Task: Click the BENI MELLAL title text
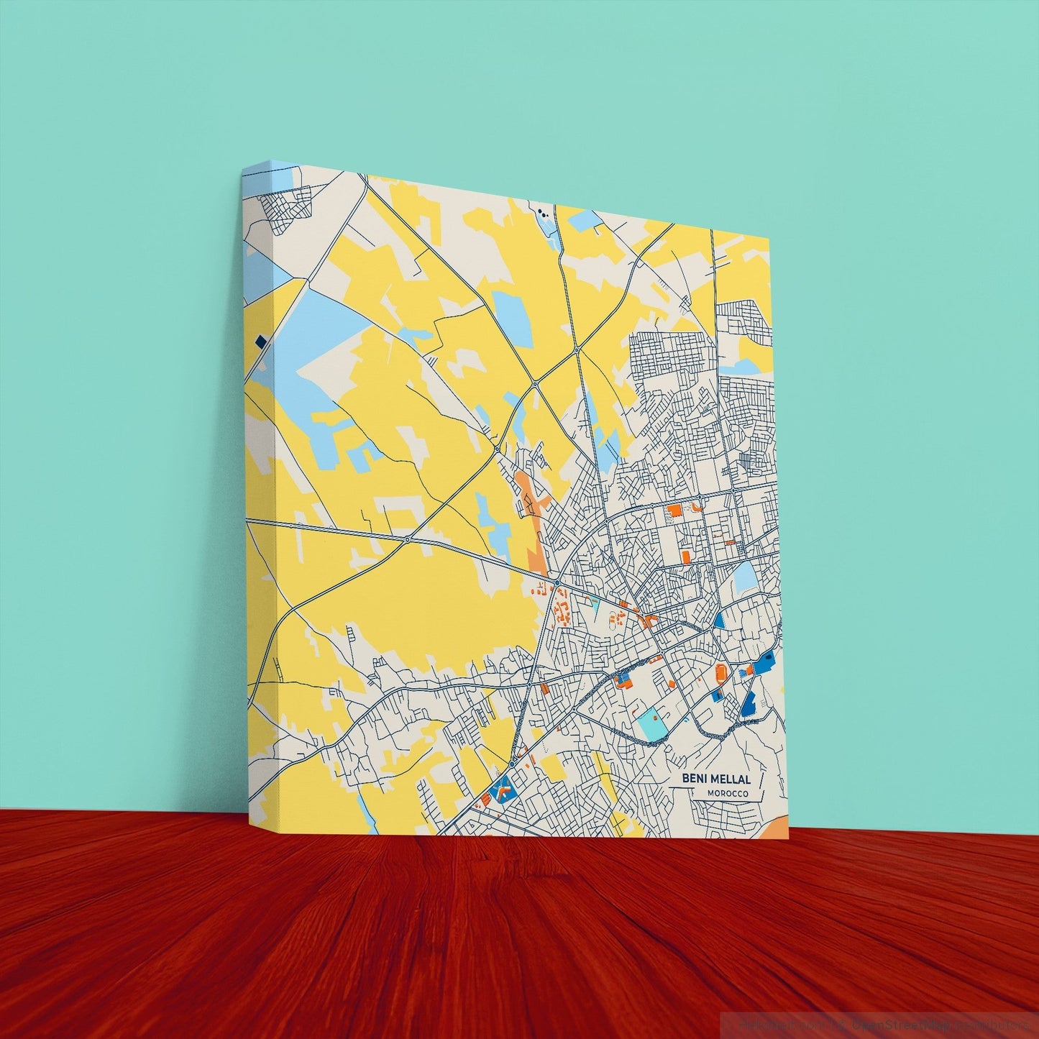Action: coord(715,779)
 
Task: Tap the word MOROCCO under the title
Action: coord(727,794)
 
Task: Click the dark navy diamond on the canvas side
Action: coord(260,342)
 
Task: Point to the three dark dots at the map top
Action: coord(543,213)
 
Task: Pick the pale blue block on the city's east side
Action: coord(745,576)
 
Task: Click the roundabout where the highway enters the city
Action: coord(557,581)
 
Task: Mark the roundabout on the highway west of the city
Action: coord(408,539)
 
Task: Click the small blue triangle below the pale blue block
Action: coord(719,621)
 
